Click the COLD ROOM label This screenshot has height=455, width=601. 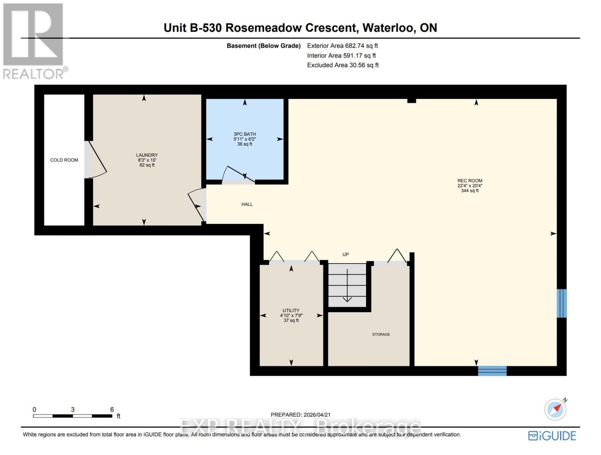tap(64, 160)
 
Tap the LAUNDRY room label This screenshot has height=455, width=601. tap(147, 155)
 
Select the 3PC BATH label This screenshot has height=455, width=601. tap(244, 134)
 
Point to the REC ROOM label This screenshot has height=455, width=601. tap(470, 181)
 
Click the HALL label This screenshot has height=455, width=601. tap(247, 204)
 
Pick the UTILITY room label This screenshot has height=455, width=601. tap(291, 311)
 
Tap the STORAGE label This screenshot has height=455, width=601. tap(381, 334)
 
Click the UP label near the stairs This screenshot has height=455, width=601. tap(345, 254)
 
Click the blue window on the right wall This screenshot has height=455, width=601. tap(562, 303)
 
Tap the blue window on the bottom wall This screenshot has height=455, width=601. tap(492, 370)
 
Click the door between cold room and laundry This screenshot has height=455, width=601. tap(95, 159)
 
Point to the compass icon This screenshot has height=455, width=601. tap(556, 409)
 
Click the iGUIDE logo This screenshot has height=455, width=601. tap(552, 436)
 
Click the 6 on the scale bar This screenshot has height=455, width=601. tap(112, 409)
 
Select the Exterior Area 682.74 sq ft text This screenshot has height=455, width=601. tap(342, 46)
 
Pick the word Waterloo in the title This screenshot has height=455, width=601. tap(389, 28)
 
